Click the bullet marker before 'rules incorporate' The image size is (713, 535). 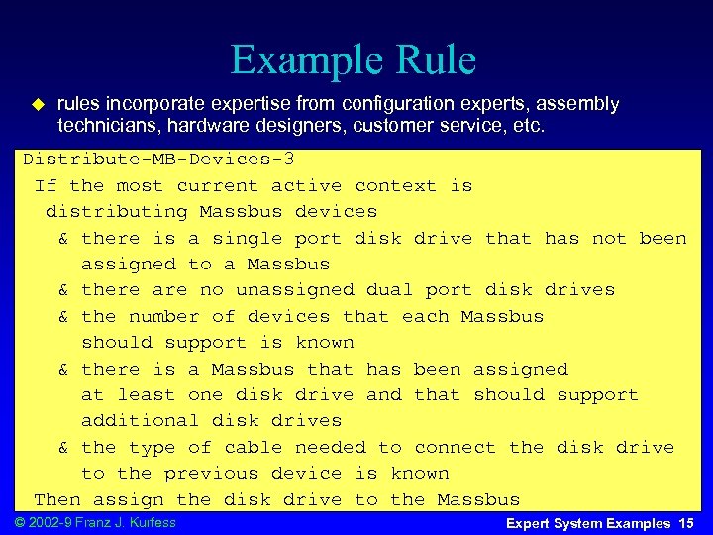point(40,104)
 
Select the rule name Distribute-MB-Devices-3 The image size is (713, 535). point(158,160)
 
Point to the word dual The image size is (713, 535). point(389,290)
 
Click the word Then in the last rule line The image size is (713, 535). point(57,499)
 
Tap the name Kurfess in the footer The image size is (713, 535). point(153,522)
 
